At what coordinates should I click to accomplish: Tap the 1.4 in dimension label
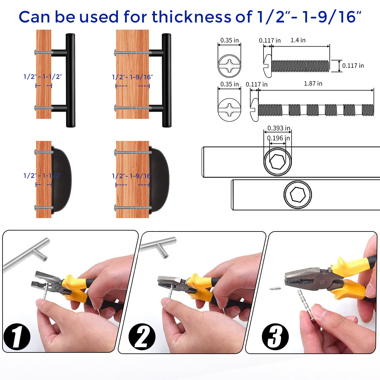[298, 40]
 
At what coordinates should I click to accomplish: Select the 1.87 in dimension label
[313, 83]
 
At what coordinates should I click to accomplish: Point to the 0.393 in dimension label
[279, 128]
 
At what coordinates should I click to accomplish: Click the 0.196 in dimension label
[278, 138]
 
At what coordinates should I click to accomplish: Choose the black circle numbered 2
[142, 337]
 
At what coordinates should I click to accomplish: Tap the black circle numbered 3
[275, 337]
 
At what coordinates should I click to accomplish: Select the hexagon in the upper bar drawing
[277, 161]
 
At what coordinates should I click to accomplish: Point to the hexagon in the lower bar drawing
[298, 194]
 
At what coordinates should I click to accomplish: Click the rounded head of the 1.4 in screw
[268, 66]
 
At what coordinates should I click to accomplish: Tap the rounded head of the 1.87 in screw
[254, 110]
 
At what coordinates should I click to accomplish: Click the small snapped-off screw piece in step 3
[275, 288]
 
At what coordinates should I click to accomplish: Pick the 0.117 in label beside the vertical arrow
[353, 66]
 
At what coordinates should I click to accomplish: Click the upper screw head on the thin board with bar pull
[36, 53]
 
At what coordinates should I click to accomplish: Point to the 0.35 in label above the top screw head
[229, 41]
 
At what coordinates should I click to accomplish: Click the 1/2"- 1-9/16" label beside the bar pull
[132, 77]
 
